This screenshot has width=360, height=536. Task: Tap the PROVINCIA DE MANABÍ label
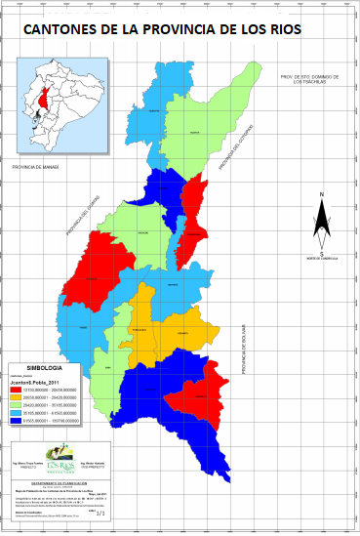36,168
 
